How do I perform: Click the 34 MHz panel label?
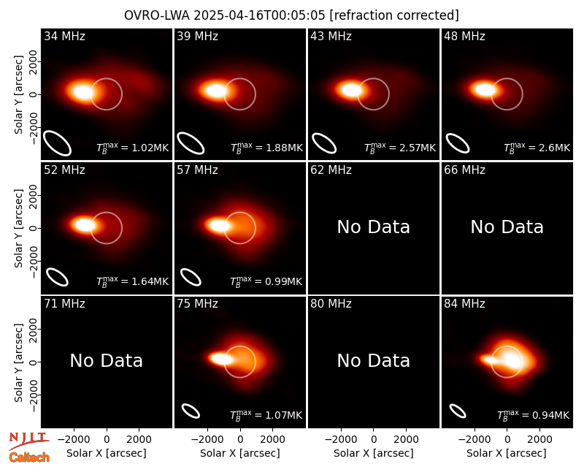point(64,36)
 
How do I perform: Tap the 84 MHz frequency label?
point(464,304)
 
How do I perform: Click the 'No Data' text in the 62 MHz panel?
point(374,227)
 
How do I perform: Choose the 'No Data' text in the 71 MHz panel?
point(106,360)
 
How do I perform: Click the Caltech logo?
point(29,457)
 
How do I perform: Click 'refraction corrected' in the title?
point(395,15)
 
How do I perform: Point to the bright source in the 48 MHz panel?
point(484,89)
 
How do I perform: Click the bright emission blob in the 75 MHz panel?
point(222,359)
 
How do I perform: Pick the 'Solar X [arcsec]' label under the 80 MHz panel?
point(374,453)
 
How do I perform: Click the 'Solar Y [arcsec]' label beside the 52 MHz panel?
point(18,228)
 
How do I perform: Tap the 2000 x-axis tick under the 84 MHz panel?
point(539,439)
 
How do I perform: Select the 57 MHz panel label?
point(197,170)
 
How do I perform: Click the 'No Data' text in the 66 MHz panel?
point(507,227)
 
